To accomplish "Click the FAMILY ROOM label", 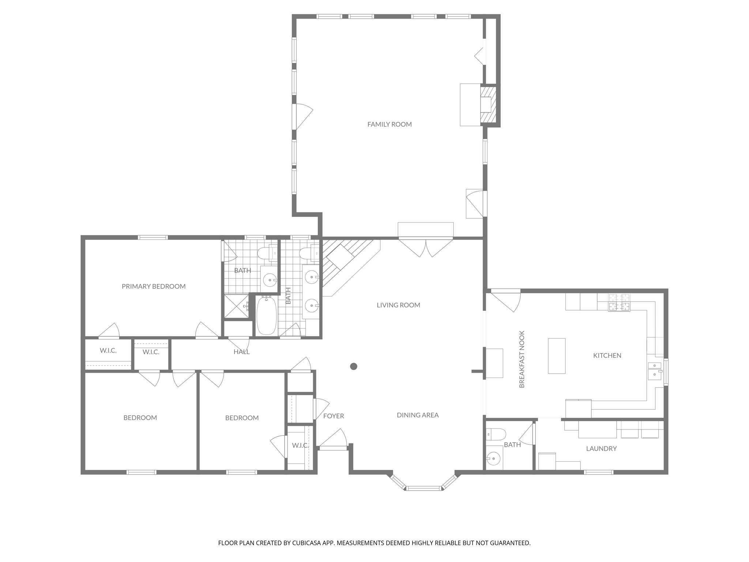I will [x=389, y=124].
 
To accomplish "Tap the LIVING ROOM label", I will [x=398, y=305].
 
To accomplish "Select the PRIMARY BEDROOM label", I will [x=154, y=286].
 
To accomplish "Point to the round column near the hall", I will [x=354, y=366].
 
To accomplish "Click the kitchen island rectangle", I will [x=557, y=356].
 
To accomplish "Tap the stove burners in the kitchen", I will [x=619, y=303].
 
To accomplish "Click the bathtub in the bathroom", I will [x=266, y=315].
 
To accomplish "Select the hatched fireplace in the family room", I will [x=488, y=104].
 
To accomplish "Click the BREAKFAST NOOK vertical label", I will [x=522, y=359].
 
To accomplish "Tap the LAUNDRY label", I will [x=601, y=449].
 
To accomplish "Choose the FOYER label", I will [x=334, y=416].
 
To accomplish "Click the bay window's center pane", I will [x=424, y=488].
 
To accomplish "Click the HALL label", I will [x=241, y=352].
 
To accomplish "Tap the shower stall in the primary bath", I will [x=236, y=306].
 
